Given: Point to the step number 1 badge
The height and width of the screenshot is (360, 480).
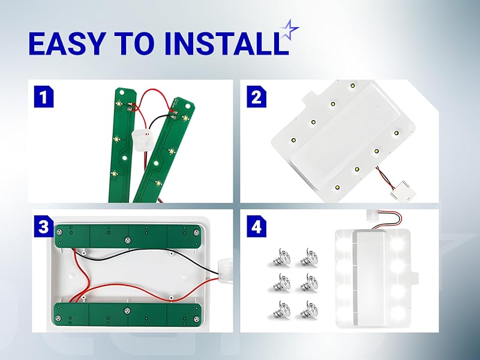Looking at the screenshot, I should [x=41, y=96].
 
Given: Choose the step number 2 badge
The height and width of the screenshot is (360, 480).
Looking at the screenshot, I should [x=256, y=96].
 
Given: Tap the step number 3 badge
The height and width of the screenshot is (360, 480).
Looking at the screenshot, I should [x=41, y=227].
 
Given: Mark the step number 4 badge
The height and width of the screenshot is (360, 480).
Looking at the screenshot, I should [x=256, y=227].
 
